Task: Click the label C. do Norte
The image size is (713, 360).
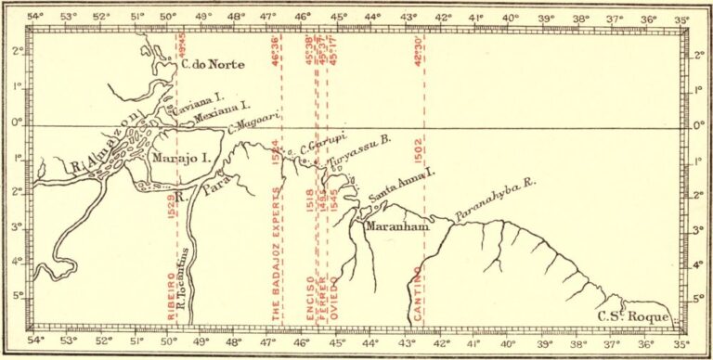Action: tap(204, 65)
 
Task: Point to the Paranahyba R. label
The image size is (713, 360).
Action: tap(496, 212)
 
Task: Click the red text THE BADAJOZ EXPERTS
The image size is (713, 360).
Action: tap(276, 255)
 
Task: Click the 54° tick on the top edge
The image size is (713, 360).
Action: tap(35, 17)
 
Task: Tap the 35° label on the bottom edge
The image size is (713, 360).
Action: tap(682, 341)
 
